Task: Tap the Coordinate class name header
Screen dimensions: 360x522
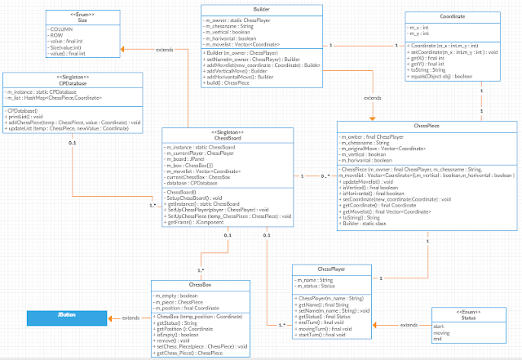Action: coord(460,16)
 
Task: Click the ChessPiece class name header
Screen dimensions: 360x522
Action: coord(426,127)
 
